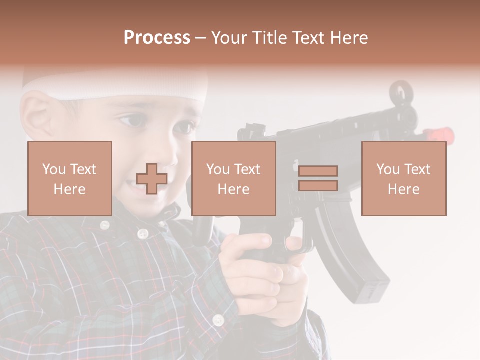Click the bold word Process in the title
tap(157, 38)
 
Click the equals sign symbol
tap(318, 178)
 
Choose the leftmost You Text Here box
tap(70, 178)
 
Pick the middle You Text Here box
tap(234, 178)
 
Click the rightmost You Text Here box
tap(404, 178)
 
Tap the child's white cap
tap(115, 82)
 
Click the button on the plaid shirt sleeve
tap(218, 320)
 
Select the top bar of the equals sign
tap(318, 171)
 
